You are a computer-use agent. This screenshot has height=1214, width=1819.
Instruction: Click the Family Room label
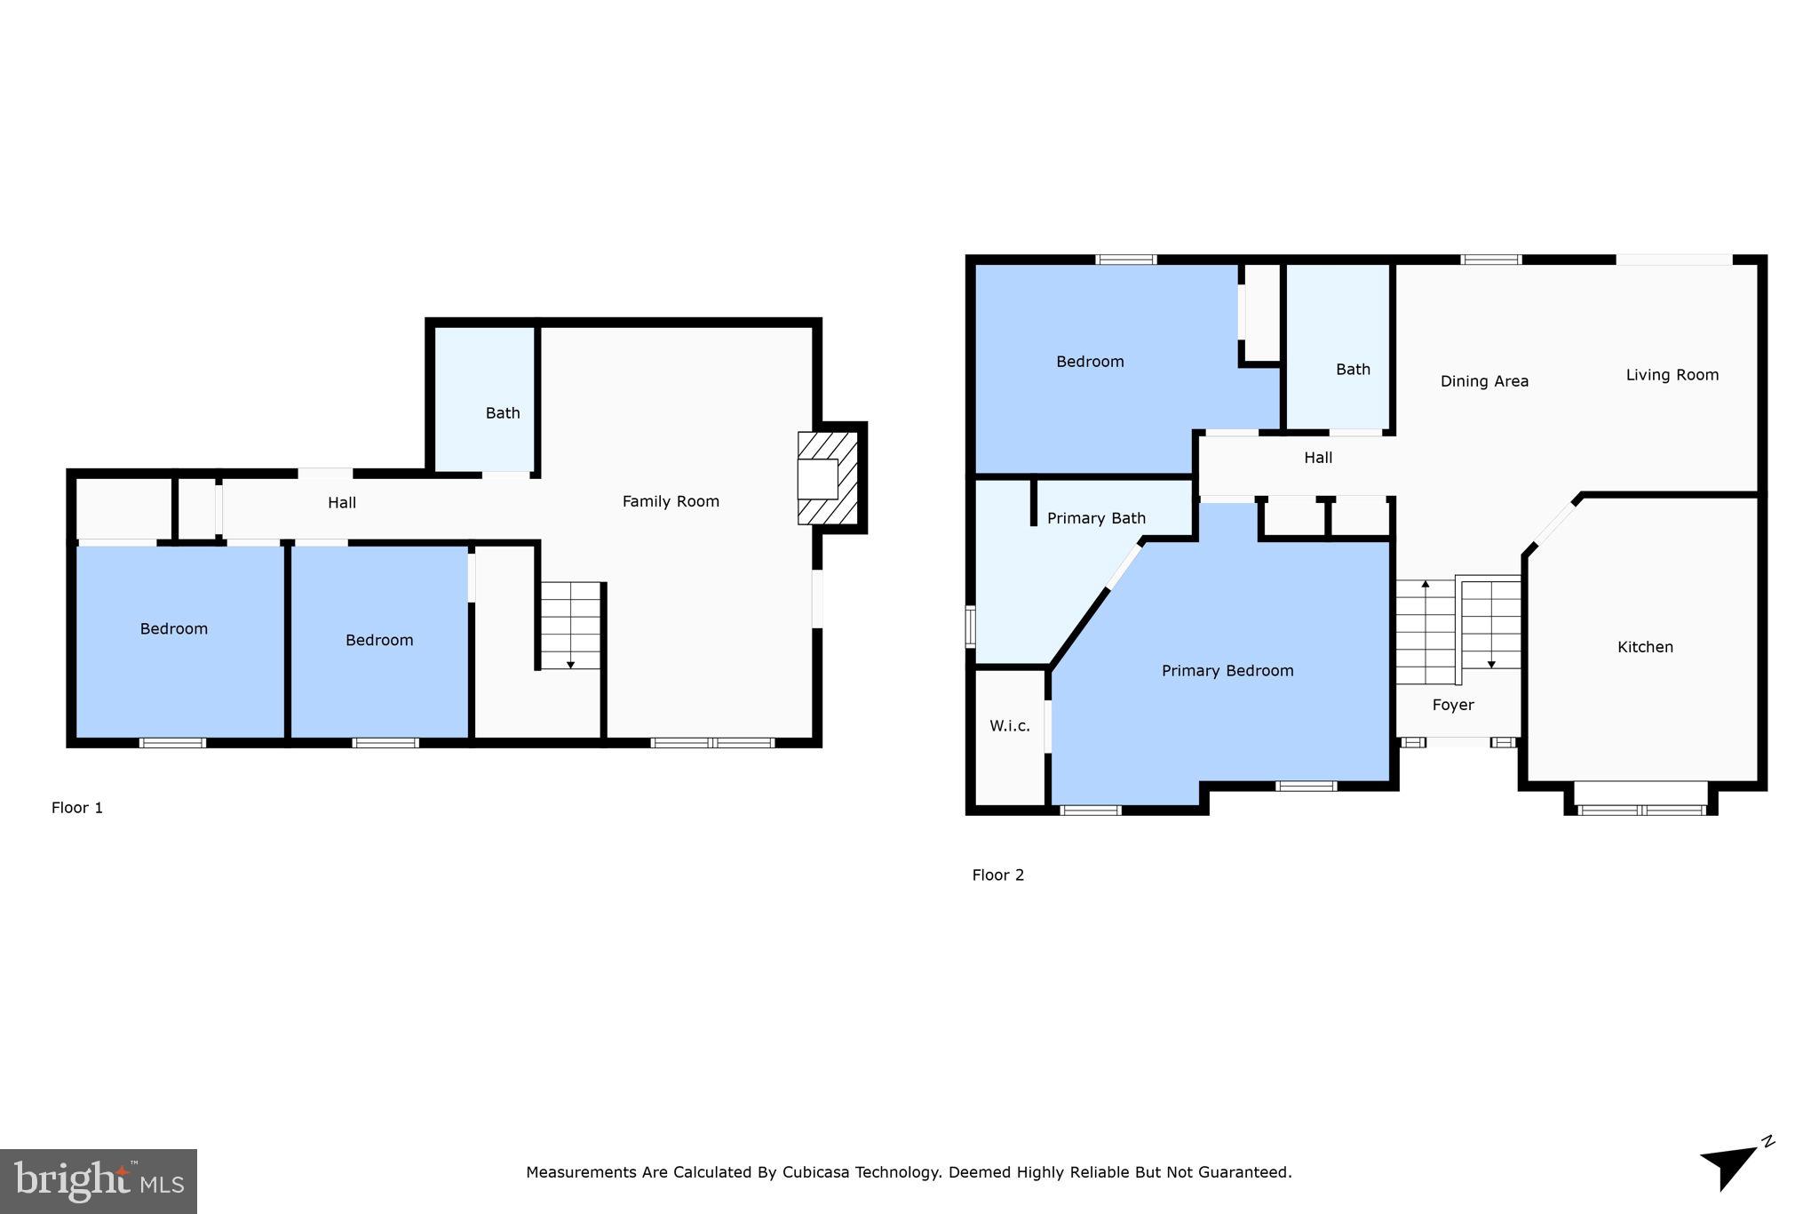[x=671, y=501]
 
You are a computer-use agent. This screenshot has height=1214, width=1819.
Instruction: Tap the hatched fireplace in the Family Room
[x=827, y=478]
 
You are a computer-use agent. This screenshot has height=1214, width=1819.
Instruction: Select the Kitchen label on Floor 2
[x=1645, y=647]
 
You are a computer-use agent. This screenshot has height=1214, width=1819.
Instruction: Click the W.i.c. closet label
[x=1010, y=726]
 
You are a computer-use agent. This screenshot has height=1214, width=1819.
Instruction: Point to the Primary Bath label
[x=1096, y=518]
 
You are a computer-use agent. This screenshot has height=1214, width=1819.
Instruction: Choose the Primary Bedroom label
[x=1227, y=671]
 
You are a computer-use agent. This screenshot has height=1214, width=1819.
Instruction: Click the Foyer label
[x=1453, y=705]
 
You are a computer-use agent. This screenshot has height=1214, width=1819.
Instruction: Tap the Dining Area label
[x=1484, y=381]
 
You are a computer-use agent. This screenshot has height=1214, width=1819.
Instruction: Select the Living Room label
[x=1672, y=375]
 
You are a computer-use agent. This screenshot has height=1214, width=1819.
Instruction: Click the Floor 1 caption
[x=77, y=808]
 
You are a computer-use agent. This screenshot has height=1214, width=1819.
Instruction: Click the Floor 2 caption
[x=997, y=875]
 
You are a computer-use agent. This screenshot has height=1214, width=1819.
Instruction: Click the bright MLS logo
[x=99, y=1181]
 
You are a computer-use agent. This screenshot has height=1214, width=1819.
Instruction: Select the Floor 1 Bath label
[x=503, y=413]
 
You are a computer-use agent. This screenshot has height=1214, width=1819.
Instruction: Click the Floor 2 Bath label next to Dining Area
[x=1353, y=370]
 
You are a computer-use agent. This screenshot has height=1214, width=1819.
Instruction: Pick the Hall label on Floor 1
[x=342, y=503]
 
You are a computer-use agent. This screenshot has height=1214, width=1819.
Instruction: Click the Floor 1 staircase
[x=571, y=625]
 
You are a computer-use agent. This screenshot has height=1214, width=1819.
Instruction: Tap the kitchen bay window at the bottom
[x=1641, y=809]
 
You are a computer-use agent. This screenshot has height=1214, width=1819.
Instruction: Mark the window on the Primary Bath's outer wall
[x=971, y=626]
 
